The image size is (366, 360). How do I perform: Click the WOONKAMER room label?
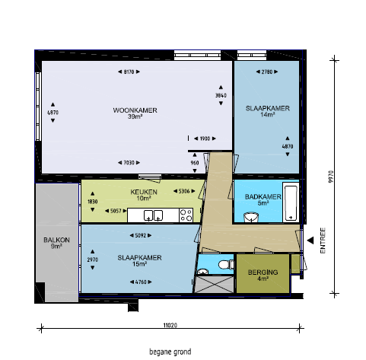(x=135, y=110)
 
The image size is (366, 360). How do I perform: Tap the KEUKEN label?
(x=144, y=192)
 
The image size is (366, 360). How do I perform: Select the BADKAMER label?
(x=263, y=197)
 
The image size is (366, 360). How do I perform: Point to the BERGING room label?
(x=263, y=272)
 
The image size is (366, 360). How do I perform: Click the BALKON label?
(x=56, y=240)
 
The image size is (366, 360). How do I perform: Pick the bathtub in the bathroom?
(x=291, y=203)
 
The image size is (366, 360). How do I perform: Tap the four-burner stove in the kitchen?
(x=186, y=215)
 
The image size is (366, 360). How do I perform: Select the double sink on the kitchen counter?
(x=153, y=215)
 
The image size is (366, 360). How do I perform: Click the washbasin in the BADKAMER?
(x=251, y=218)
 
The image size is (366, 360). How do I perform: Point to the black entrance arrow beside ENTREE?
(x=310, y=241)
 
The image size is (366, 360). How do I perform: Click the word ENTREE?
(x=323, y=241)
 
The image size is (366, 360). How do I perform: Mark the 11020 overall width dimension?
(x=170, y=326)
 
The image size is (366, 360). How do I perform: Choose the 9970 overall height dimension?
(x=330, y=177)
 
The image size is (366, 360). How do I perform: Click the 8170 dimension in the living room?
(x=129, y=72)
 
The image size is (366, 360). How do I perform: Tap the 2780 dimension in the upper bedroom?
(x=267, y=72)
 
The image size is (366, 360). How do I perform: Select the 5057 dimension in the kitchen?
(x=116, y=211)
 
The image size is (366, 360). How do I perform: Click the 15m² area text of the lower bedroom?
(x=139, y=264)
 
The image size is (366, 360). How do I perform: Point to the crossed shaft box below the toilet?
(x=215, y=285)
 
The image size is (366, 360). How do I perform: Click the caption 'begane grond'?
(x=170, y=352)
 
